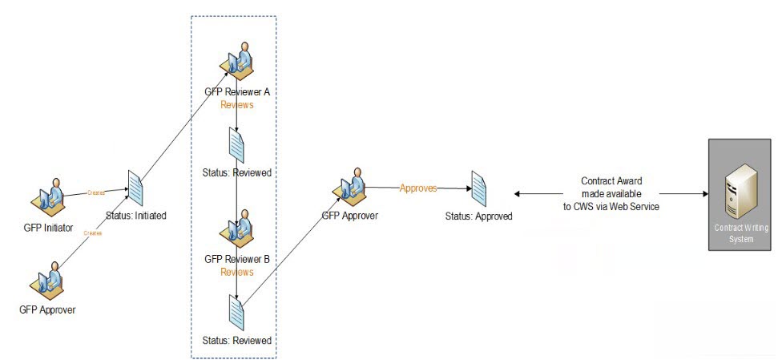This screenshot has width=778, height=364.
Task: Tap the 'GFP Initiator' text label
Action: click(48, 229)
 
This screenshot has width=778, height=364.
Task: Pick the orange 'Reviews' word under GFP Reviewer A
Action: click(237, 104)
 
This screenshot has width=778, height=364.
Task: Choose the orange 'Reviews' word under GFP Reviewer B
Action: click(237, 272)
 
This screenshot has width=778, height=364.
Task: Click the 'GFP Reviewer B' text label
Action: click(237, 259)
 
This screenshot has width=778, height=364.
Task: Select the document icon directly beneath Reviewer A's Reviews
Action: click(237, 147)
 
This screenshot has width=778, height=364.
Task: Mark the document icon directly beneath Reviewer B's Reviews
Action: click(237, 312)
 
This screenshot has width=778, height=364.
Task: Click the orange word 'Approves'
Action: click(418, 188)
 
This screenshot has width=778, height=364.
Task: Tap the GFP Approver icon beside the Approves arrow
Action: click(349, 188)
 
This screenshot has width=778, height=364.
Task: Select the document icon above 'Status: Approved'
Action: click(479, 189)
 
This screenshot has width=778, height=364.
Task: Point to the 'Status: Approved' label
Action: click(479, 216)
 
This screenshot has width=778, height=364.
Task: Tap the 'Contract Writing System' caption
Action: click(740, 233)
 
